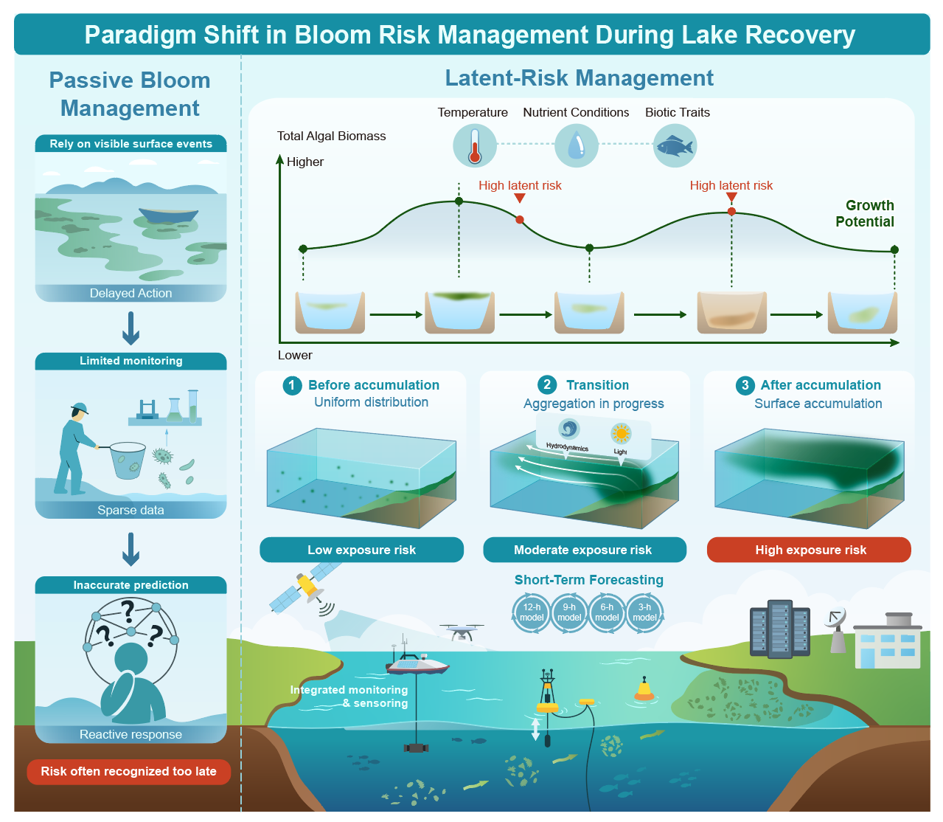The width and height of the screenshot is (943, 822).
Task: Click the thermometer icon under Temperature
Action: click(474, 146)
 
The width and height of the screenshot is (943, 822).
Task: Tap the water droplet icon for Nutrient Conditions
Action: click(576, 146)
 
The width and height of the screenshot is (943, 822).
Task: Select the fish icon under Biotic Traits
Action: click(675, 146)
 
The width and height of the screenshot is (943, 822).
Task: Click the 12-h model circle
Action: click(532, 612)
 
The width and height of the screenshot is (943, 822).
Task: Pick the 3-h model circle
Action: click(644, 612)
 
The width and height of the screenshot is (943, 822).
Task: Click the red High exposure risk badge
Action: click(809, 550)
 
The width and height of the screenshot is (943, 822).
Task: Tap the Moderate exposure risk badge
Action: click(585, 550)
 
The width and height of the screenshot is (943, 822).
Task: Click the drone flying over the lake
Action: click(462, 632)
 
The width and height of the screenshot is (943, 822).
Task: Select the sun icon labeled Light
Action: click(620, 433)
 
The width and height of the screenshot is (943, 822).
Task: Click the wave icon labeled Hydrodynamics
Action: click(568, 429)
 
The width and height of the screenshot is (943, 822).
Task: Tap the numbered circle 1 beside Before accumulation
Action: click(292, 385)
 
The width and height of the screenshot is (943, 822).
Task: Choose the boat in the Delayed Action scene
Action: click(168, 215)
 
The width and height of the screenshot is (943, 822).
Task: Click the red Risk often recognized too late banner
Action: click(128, 772)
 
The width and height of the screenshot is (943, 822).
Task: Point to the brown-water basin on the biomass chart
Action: click(731, 312)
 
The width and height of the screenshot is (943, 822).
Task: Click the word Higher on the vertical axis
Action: click(305, 162)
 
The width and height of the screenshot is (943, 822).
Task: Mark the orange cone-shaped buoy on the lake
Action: click(644, 689)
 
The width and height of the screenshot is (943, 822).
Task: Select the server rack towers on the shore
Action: click(779, 628)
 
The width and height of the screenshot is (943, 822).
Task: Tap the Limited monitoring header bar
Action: click(131, 361)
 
